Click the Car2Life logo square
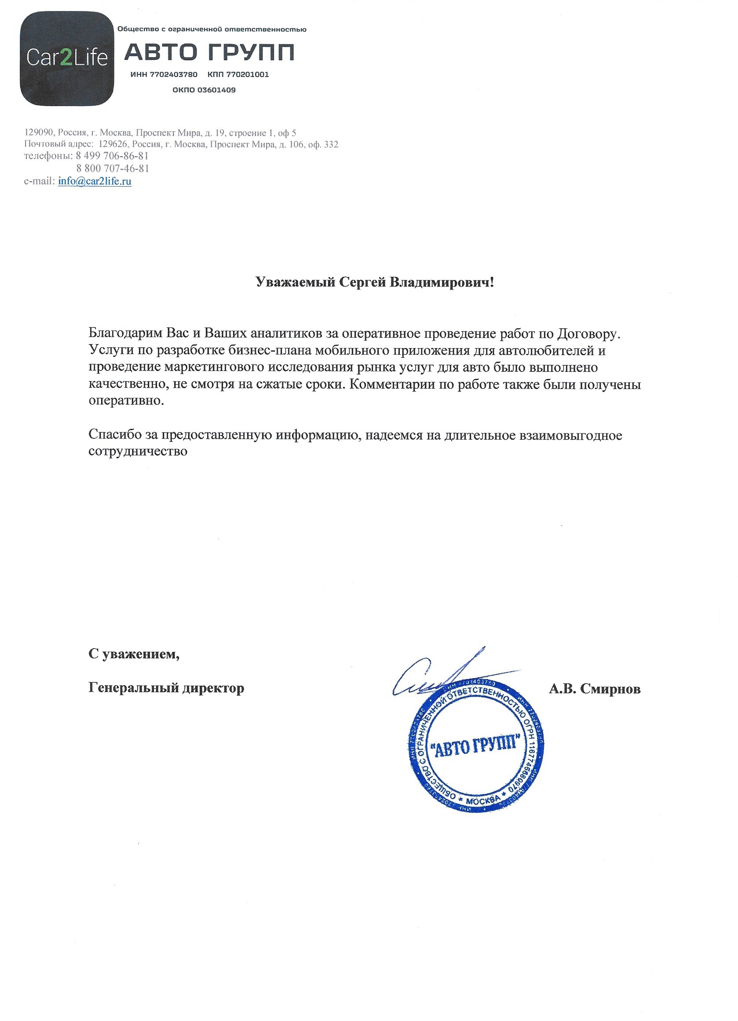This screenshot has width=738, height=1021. pos(66,59)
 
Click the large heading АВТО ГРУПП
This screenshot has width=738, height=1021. pos(209,52)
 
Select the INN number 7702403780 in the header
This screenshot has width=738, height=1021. pos(173,74)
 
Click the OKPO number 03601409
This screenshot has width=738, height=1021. pos(216,90)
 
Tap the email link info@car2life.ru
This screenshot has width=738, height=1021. pos(95,181)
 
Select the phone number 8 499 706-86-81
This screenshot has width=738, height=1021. pos(112,156)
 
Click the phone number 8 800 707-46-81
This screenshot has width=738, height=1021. pos(113,169)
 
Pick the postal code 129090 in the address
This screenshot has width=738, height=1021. pos(38,133)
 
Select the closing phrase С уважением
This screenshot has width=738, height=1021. pos(134,654)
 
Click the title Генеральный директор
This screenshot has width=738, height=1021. pos(167,688)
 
